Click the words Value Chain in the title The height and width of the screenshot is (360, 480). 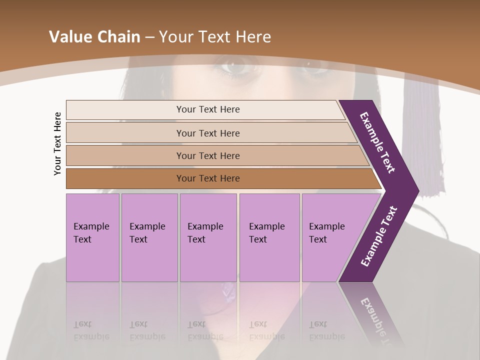pyautogui.click(x=95, y=37)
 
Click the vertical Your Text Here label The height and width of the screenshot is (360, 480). pyautogui.click(x=57, y=143)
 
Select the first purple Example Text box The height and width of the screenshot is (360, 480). pyautogui.click(x=92, y=237)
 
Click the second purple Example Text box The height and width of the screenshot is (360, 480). pyautogui.click(x=149, y=237)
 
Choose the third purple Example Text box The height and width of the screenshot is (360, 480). pyautogui.click(x=208, y=237)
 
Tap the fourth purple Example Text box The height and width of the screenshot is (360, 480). pyautogui.click(x=269, y=237)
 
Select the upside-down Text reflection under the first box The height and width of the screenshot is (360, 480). pyautogui.click(x=82, y=324)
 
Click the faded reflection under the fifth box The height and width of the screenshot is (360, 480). pyautogui.click(x=326, y=330)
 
